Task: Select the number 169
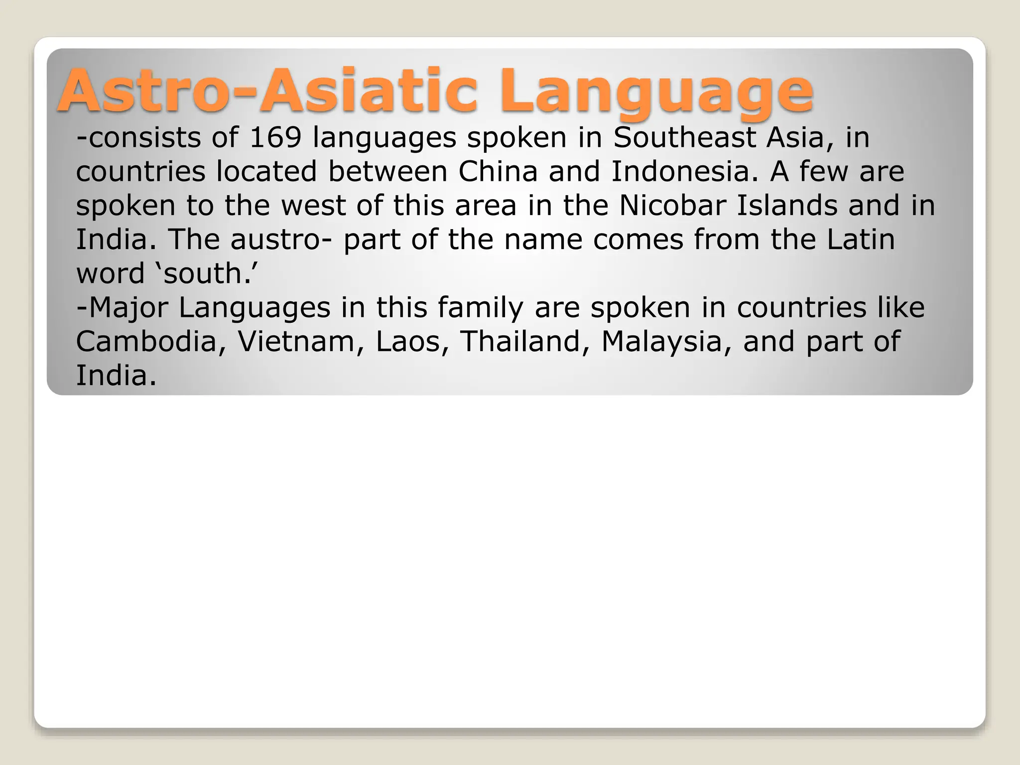[x=275, y=137]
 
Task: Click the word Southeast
[x=684, y=137]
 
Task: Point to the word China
[x=498, y=171]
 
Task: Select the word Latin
[x=861, y=240]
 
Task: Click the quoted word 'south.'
[x=209, y=273]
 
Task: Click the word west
[x=313, y=206]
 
